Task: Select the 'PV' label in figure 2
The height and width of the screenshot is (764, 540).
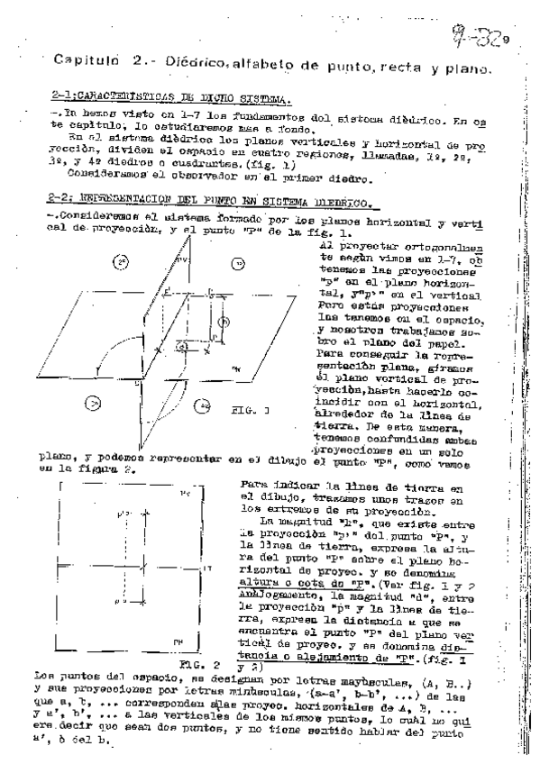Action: pos(186,494)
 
